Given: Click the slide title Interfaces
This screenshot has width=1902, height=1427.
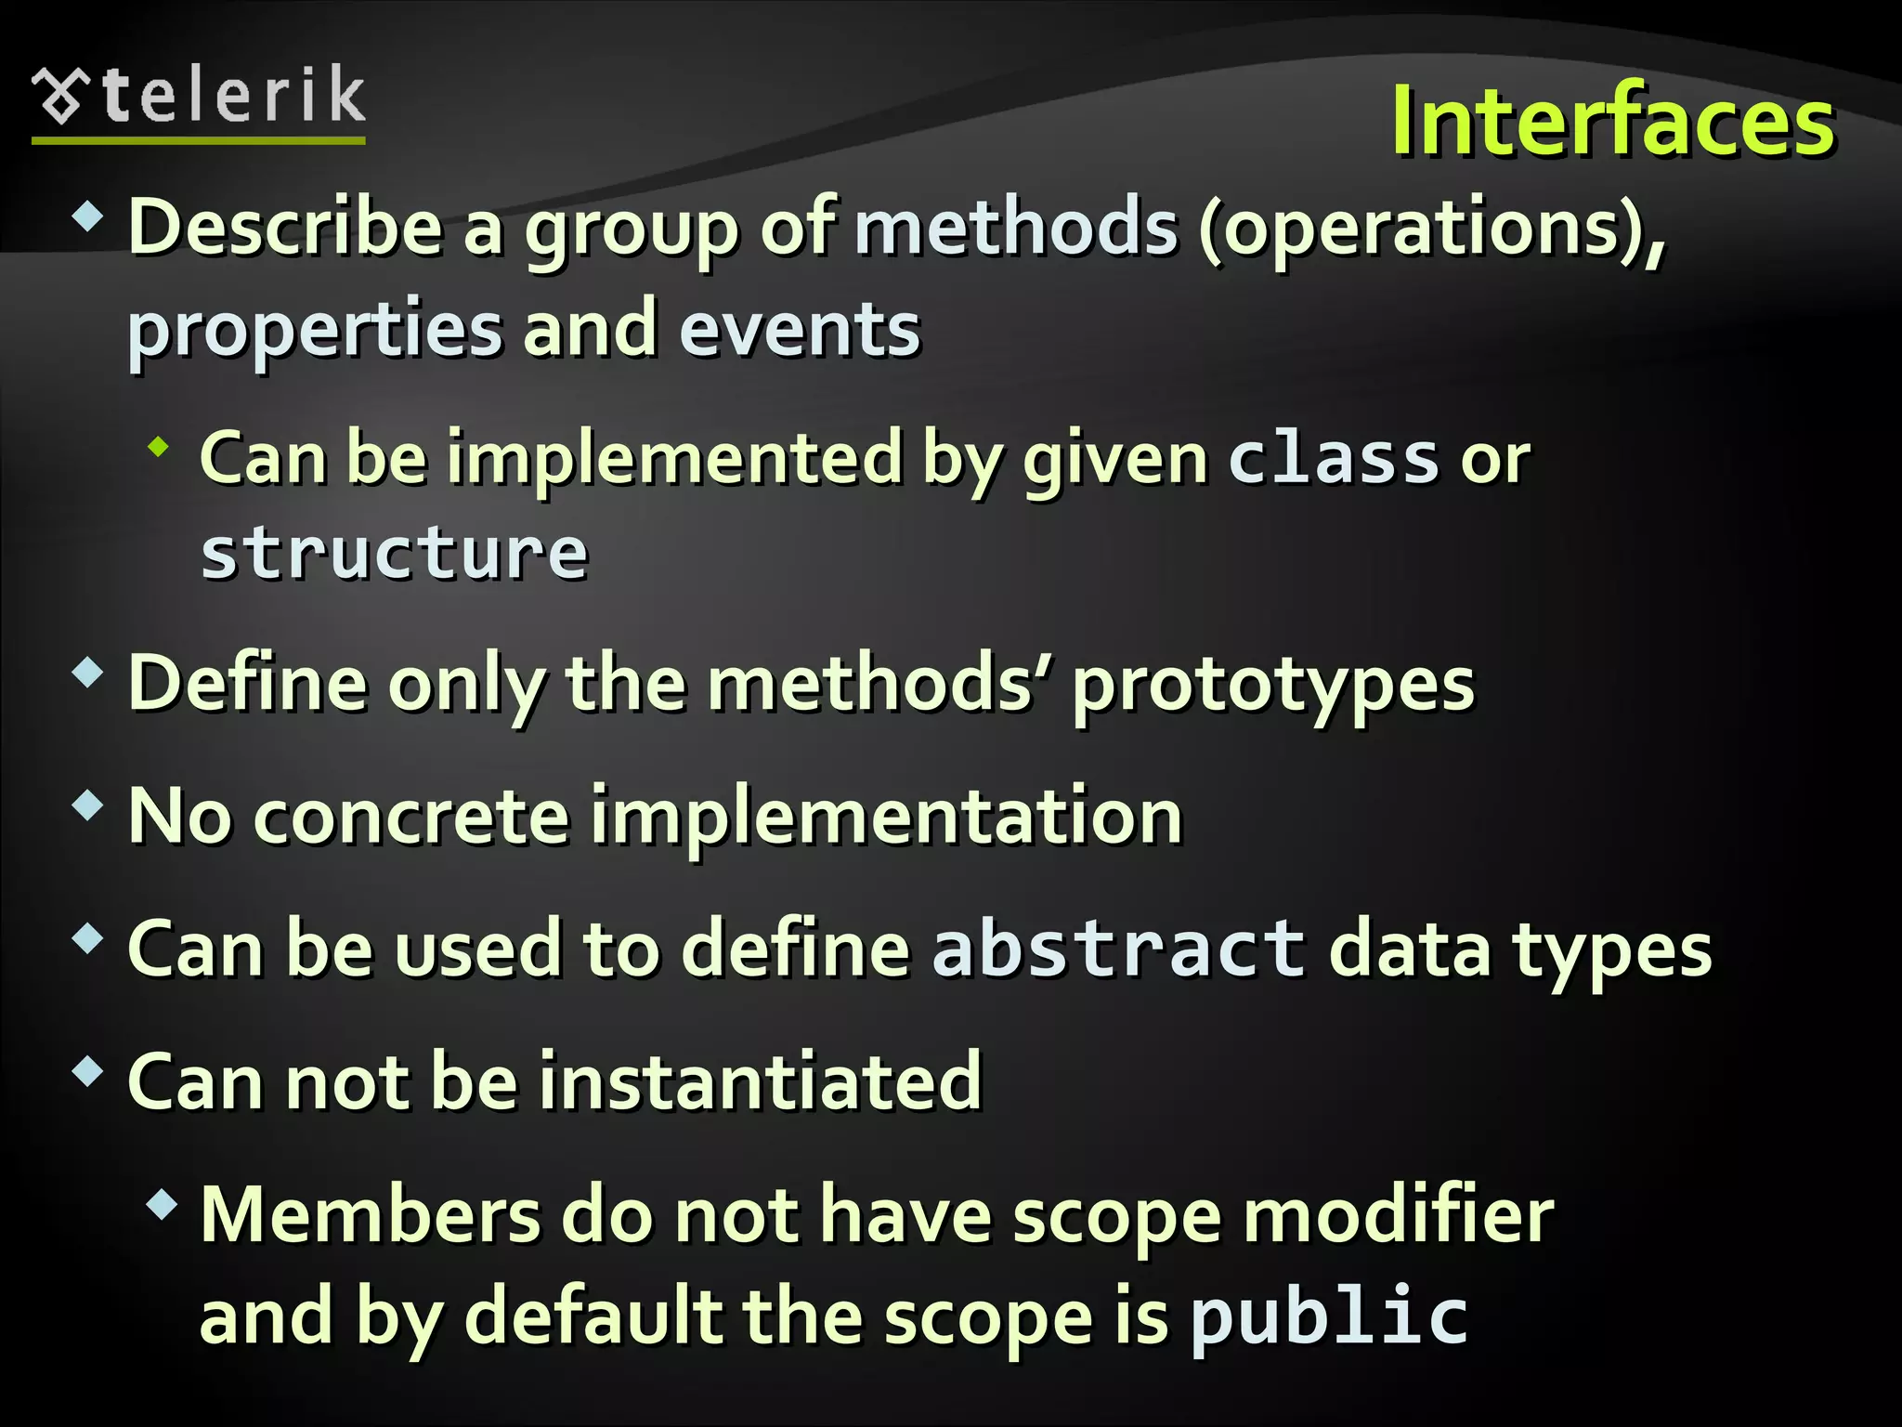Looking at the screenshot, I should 1612,122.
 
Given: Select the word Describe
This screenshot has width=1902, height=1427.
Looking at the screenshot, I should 285,228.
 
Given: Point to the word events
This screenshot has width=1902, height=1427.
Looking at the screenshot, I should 800,330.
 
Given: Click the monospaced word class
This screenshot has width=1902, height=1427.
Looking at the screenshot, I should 1334,459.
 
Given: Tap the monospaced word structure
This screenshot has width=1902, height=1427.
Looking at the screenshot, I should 395,554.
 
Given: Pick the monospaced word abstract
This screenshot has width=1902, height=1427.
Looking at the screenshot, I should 1119,949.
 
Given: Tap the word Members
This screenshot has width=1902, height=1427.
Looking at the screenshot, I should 371,1215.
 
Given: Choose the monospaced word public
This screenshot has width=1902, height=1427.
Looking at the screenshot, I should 1329,1316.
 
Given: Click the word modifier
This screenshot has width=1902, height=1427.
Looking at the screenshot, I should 1399,1215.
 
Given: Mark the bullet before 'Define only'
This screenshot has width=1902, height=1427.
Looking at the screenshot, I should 87,673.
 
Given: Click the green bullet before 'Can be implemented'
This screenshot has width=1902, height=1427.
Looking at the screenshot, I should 160,448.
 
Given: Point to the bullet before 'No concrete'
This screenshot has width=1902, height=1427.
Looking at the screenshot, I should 87,805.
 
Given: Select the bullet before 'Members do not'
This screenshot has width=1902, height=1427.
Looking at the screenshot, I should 162,1205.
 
